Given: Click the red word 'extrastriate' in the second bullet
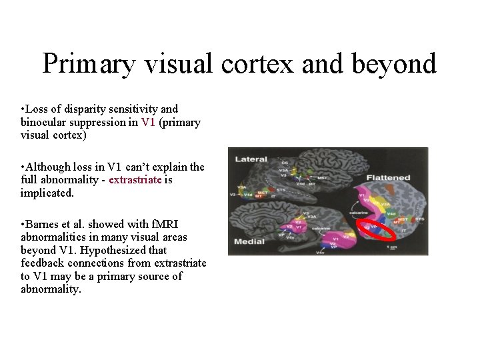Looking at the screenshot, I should pyautogui.click(x=135, y=180).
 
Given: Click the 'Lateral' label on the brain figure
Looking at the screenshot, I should pyautogui.click(x=251, y=159).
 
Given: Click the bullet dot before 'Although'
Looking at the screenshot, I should pyautogui.click(x=23, y=167).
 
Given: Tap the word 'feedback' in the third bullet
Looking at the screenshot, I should pyautogui.click(x=42, y=263).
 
